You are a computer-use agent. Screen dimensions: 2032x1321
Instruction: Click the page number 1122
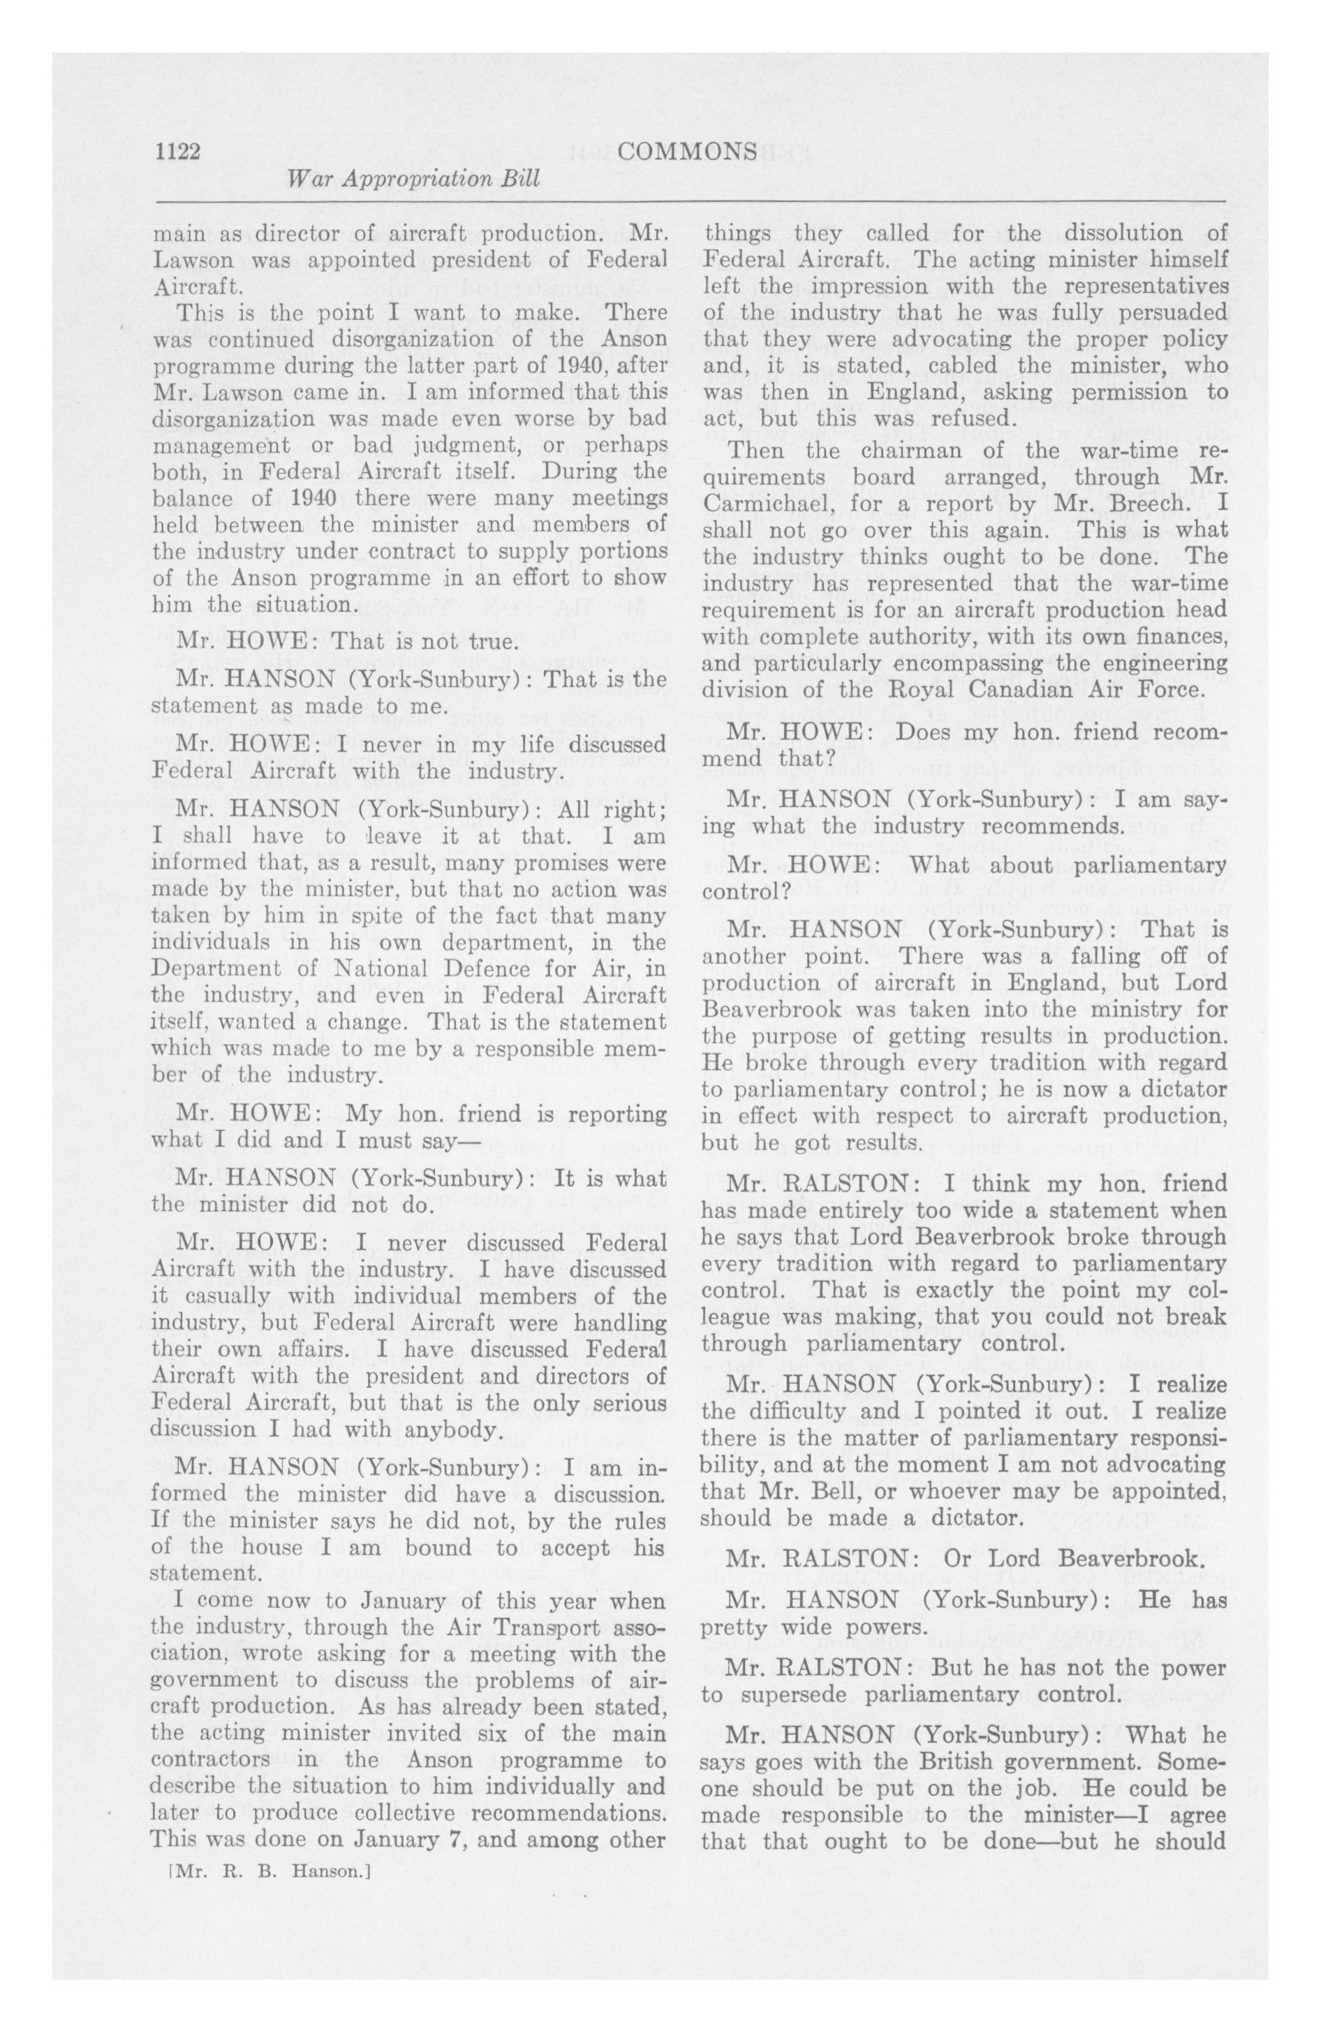[177, 152]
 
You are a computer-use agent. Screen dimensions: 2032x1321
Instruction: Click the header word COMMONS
[686, 152]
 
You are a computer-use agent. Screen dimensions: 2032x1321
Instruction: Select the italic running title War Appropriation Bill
[415, 180]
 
